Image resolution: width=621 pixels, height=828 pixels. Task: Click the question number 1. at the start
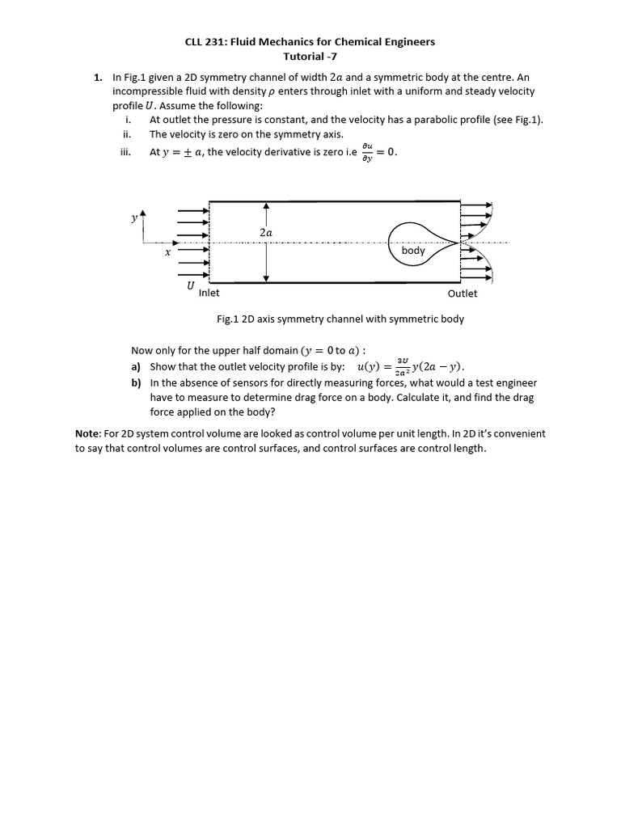tap(97, 78)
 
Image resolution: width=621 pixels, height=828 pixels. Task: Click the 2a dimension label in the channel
tap(266, 232)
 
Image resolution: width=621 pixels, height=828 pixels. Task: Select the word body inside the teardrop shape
tap(412, 251)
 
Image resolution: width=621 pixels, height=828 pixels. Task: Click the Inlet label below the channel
tap(209, 294)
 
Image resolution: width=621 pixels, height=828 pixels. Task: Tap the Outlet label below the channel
tap(463, 294)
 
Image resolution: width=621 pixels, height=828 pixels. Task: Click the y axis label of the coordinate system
tap(134, 218)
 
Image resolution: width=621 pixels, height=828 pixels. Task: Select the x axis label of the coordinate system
tap(167, 253)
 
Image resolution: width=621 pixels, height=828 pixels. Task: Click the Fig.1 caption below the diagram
tap(340, 319)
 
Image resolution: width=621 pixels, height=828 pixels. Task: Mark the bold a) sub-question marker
tap(137, 366)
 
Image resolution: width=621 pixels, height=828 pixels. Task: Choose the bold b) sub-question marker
tap(137, 382)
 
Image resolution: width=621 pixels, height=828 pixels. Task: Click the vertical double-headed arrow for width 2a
tap(266, 259)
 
